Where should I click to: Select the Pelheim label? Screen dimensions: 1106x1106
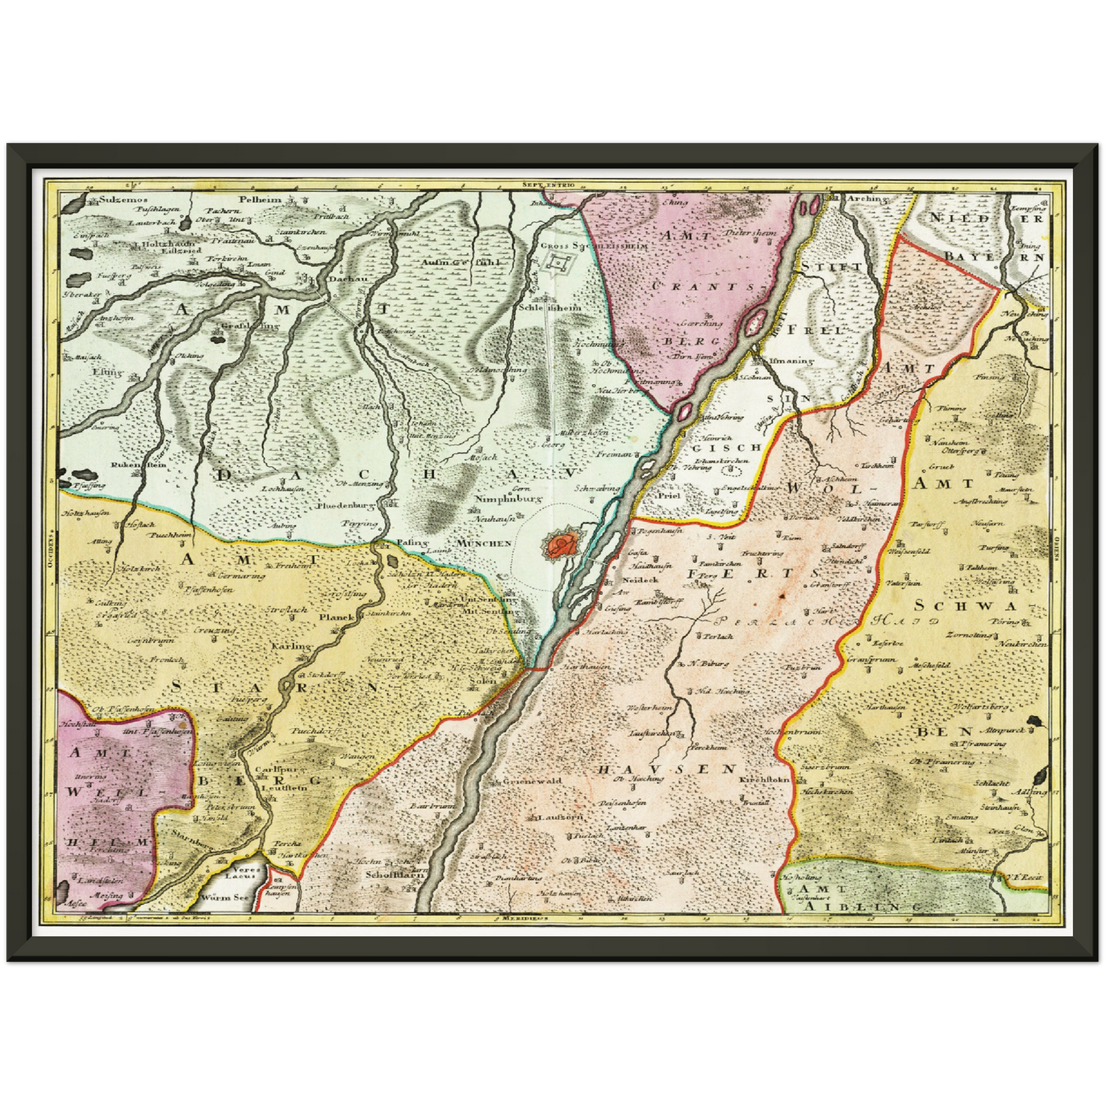click(x=261, y=200)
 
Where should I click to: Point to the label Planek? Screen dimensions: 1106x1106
click(x=335, y=616)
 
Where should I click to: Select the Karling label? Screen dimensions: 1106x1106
click(x=291, y=646)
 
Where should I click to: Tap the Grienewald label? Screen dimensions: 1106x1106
click(x=531, y=781)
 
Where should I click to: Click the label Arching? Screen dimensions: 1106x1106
click(x=866, y=198)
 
